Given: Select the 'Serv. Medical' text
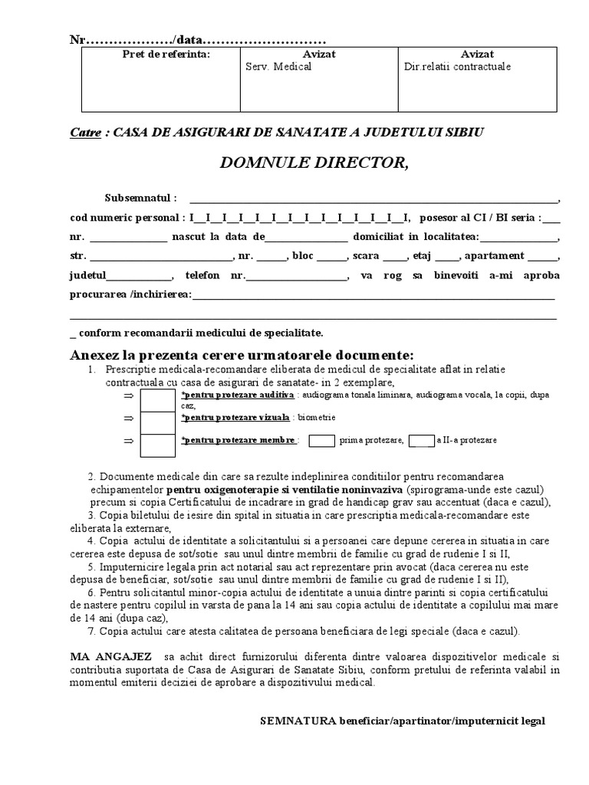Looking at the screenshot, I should pyautogui.click(x=278, y=67).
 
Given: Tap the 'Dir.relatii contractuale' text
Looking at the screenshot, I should pyautogui.click(x=457, y=67).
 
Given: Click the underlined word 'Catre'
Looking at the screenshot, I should pyautogui.click(x=85, y=132).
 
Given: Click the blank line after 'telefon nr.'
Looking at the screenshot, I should pyautogui.click(x=297, y=275).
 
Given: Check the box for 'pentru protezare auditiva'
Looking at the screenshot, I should pyautogui.click(x=157, y=400).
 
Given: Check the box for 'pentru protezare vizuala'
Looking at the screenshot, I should pyautogui.click(x=157, y=422).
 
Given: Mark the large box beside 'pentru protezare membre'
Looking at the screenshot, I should pyautogui.click(x=157, y=445).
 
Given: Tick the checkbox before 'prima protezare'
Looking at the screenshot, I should pyautogui.click(x=322, y=441).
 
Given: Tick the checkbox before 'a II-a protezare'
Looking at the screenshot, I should pyautogui.click(x=421, y=441).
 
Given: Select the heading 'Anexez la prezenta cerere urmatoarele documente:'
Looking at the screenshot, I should pyautogui.click(x=242, y=355).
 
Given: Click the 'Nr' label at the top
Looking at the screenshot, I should pyautogui.click(x=76, y=39).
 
